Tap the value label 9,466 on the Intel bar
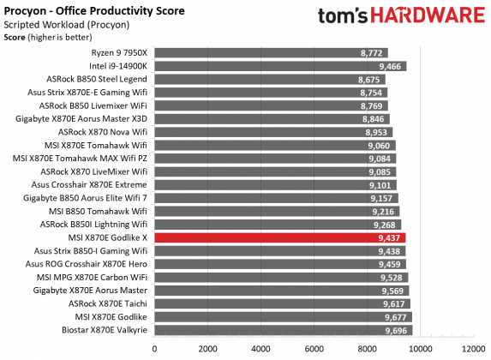pos(389,66)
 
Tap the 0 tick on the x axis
pos(154,349)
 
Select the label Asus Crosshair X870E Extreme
pos(89,184)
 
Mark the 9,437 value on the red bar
pos(389,237)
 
